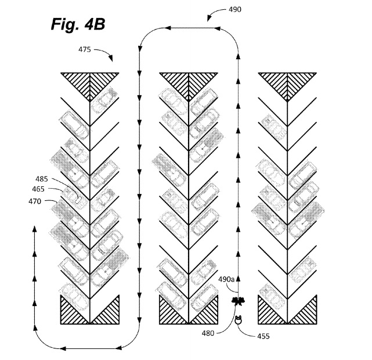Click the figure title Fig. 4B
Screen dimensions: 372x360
pos(78,24)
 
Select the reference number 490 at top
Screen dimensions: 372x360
pos(235,9)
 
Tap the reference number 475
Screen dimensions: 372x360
pos(85,49)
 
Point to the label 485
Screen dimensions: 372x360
pos(42,179)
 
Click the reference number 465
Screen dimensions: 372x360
pos(38,189)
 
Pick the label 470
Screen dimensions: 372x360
pos(35,201)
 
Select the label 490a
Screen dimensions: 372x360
pos(226,279)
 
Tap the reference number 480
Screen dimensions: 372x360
pos(208,333)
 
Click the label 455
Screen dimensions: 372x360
pos(263,336)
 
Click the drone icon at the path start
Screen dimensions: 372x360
pos(238,301)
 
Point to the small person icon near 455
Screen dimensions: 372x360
pos(238,320)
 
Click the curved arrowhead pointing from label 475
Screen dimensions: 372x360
pos(111,58)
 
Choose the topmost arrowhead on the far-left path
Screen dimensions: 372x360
pos(35,229)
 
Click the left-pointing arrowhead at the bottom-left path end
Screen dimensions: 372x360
pos(63,348)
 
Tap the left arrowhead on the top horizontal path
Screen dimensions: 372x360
pos(168,28)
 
